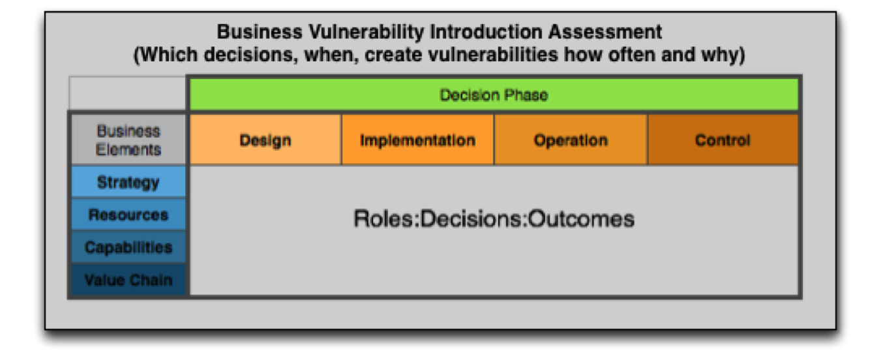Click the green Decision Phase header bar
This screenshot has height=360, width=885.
[494, 95]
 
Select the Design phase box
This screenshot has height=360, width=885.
[265, 140]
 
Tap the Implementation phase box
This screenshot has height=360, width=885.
[417, 140]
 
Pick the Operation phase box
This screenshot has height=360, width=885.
[571, 140]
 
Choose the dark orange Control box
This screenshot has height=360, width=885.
[723, 140]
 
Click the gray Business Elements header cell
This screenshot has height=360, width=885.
[128, 140]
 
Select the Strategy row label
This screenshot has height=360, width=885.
[128, 182]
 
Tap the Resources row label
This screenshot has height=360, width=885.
[128, 215]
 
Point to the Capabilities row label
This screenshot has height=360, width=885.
[128, 247]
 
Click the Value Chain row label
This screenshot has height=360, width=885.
[128, 279]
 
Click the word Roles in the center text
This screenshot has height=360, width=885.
[383, 218]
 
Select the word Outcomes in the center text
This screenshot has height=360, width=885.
[581, 218]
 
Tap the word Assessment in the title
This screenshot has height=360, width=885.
[605, 31]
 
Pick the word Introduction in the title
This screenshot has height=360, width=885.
[486, 31]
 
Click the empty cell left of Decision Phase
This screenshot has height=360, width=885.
[128, 93]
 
